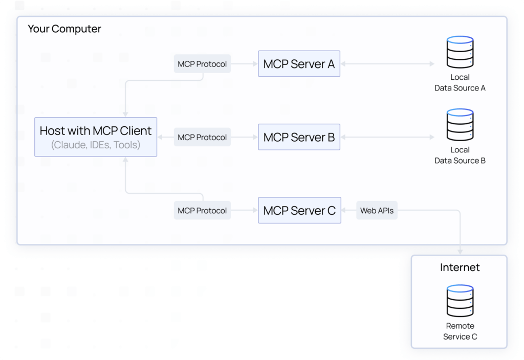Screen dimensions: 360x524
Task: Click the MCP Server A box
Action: click(x=299, y=64)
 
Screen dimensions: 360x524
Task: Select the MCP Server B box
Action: click(x=299, y=137)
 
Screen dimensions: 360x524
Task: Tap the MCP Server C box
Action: click(x=299, y=210)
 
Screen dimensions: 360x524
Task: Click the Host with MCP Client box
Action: click(x=96, y=137)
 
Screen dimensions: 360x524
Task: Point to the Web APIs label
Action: click(x=377, y=210)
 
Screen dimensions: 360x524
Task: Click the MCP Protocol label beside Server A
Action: click(x=202, y=64)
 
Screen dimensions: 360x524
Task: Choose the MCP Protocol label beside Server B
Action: click(x=202, y=137)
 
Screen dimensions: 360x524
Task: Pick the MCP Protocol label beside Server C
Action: click(x=202, y=210)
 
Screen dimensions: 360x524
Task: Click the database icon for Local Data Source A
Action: click(x=460, y=52)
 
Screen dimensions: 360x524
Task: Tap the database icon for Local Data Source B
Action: click(x=460, y=125)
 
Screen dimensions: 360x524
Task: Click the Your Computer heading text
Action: click(x=64, y=29)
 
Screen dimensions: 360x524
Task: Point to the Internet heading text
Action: click(x=460, y=267)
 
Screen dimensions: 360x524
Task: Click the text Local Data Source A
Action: click(x=460, y=82)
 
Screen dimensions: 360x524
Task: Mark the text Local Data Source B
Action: click(x=460, y=155)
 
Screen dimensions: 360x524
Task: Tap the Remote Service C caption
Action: click(x=460, y=331)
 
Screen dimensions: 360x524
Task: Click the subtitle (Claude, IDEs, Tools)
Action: click(x=96, y=145)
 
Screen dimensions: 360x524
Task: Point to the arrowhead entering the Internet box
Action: click(x=460, y=251)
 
